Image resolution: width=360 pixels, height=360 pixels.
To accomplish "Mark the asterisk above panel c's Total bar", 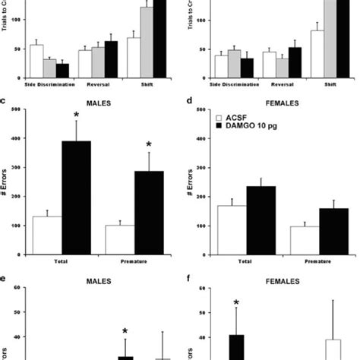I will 75,116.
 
